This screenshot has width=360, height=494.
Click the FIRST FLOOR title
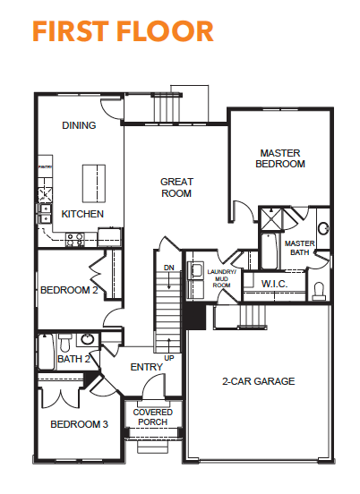(x=123, y=31)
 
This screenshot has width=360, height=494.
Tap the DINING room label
(x=79, y=125)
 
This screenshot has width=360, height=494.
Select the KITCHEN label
(x=82, y=214)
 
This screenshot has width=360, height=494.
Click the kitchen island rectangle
(x=94, y=183)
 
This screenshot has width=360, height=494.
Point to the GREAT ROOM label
(x=176, y=187)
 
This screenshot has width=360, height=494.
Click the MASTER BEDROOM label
(x=280, y=158)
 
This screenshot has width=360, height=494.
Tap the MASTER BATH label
(x=299, y=248)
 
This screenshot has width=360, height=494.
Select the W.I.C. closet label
(x=274, y=284)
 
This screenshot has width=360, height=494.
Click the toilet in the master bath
(x=319, y=292)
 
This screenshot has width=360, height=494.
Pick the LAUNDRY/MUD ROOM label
(x=221, y=278)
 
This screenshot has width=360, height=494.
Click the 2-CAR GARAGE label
(x=259, y=381)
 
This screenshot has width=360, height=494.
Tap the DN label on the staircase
(x=169, y=268)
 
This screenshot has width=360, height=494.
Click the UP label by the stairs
(x=169, y=358)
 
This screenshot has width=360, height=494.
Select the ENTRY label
(x=147, y=367)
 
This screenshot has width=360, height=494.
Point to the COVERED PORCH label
(x=153, y=417)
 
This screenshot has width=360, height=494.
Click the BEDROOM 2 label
(x=69, y=290)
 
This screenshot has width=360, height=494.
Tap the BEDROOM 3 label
(x=79, y=424)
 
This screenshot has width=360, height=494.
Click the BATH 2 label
(x=73, y=359)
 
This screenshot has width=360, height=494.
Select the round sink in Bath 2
(x=88, y=339)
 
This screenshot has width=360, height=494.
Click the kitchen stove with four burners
(x=75, y=240)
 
